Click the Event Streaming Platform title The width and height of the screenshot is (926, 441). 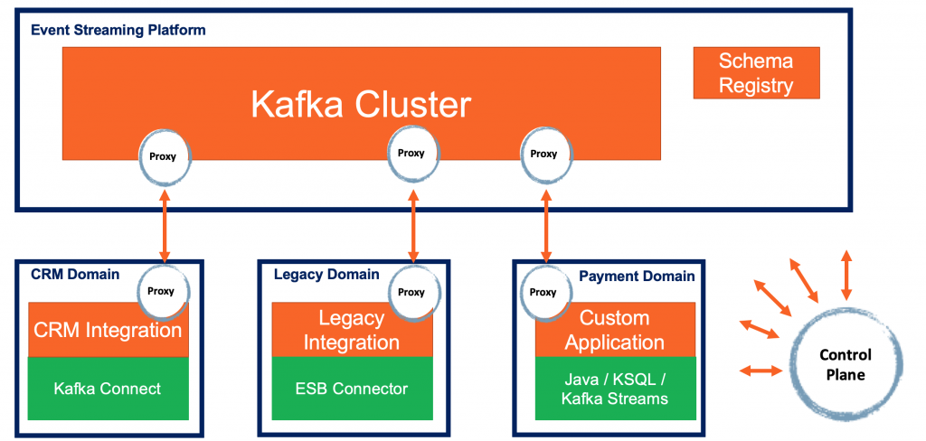(x=118, y=30)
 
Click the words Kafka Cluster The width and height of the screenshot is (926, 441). (x=361, y=105)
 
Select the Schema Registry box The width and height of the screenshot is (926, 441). (x=756, y=73)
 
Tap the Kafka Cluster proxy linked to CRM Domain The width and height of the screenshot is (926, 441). (x=163, y=155)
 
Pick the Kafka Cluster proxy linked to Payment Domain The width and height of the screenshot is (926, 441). (x=543, y=154)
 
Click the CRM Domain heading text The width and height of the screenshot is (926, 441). (x=75, y=274)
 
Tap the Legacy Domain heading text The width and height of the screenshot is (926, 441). (x=326, y=274)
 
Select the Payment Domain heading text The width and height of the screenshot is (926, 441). (x=637, y=276)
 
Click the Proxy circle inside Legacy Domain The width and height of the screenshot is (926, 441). (x=411, y=292)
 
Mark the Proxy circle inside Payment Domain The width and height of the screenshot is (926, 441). (x=543, y=292)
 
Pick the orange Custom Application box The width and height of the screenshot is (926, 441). (x=615, y=331)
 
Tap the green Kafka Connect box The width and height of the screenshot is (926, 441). (x=108, y=389)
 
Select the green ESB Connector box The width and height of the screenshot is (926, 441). (x=353, y=389)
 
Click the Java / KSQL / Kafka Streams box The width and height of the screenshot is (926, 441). (x=615, y=389)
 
